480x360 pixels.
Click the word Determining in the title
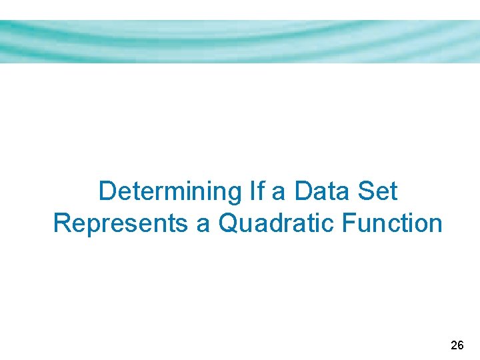pyautogui.click(x=171, y=192)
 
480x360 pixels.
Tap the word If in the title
pyautogui.click(x=256, y=191)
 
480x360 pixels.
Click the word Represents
pyautogui.click(x=121, y=223)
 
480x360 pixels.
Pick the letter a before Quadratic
pyautogui.click(x=203, y=224)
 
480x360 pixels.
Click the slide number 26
pyautogui.click(x=457, y=345)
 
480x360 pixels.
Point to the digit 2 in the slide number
pyautogui.click(x=454, y=345)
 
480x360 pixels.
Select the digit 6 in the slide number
pyautogui.click(x=461, y=345)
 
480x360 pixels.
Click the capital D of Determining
pyautogui.click(x=107, y=191)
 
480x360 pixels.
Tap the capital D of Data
pyautogui.click(x=303, y=191)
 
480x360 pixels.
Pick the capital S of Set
pyautogui.click(x=366, y=191)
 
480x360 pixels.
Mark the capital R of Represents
pyautogui.click(x=61, y=223)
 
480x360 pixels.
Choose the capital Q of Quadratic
pyautogui.click(x=229, y=223)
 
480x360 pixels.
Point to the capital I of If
pyautogui.click(x=252, y=191)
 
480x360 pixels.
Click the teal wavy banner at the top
pyautogui.click(x=240, y=41)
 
